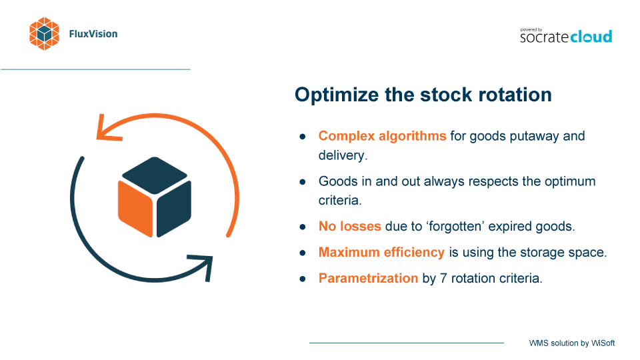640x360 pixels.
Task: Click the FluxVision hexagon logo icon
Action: [44, 34]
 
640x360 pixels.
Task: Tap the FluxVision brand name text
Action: [93, 34]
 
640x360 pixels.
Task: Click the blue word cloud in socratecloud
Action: [591, 37]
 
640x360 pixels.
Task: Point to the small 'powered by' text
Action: [531, 30]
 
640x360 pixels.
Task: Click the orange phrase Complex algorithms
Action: [382, 136]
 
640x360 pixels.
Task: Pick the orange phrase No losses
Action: [350, 226]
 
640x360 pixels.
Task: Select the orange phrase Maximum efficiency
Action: [381, 252]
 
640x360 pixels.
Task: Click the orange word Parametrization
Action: [368, 279]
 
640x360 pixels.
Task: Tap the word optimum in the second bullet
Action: [571, 181]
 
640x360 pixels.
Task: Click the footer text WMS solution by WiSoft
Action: [572, 343]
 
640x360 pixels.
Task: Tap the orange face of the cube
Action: [135, 209]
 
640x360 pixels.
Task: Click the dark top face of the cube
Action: [154, 175]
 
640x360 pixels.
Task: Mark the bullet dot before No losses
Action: [303, 227]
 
